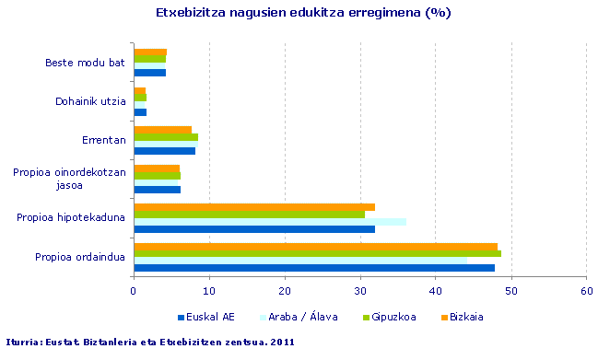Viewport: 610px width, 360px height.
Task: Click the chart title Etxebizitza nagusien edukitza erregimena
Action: pos(303,14)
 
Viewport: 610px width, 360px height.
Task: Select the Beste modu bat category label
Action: pos(85,63)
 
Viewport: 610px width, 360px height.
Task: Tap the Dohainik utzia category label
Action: pos(90,101)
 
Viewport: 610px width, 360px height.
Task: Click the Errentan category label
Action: pos(103,140)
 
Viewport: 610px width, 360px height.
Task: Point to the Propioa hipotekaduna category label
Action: pos(71,217)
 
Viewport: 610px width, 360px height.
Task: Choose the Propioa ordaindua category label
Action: pos(79,257)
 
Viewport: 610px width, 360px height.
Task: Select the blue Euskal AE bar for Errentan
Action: pos(164,151)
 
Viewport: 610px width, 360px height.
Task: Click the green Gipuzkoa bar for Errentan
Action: pos(165,137)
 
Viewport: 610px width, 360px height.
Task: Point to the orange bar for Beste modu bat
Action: pos(149,52)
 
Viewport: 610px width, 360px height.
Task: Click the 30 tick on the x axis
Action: pos(360,290)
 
